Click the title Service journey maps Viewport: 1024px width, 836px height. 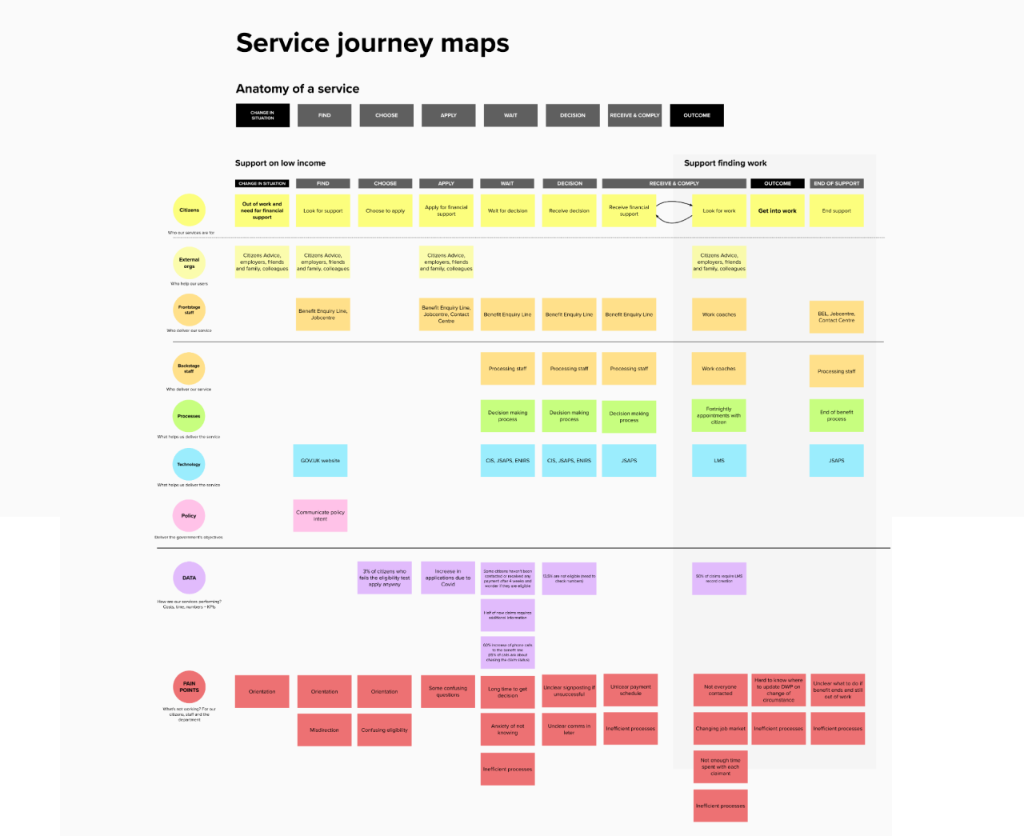click(x=372, y=43)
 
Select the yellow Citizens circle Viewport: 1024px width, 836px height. click(x=190, y=210)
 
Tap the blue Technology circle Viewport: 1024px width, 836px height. click(x=189, y=464)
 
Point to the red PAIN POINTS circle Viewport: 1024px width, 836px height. click(x=190, y=686)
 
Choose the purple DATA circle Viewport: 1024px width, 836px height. click(x=190, y=578)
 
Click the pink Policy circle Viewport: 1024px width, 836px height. click(x=189, y=516)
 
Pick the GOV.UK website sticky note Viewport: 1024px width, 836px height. click(x=320, y=461)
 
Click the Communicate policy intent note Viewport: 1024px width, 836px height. click(x=320, y=516)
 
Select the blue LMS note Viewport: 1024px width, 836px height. click(x=719, y=461)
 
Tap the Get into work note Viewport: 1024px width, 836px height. click(x=778, y=211)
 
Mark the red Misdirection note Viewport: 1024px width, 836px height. click(x=324, y=730)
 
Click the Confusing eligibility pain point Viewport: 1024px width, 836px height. click(x=384, y=730)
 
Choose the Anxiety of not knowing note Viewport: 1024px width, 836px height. click(x=507, y=730)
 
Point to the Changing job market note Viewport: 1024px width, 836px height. click(x=720, y=729)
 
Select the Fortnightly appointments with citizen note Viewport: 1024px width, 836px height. click(x=719, y=416)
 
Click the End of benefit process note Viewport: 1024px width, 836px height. click(x=836, y=416)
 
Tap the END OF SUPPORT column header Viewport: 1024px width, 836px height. click(x=836, y=183)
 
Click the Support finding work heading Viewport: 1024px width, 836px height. click(x=725, y=163)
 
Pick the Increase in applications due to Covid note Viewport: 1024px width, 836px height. click(x=448, y=578)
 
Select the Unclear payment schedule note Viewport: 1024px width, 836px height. click(x=630, y=690)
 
